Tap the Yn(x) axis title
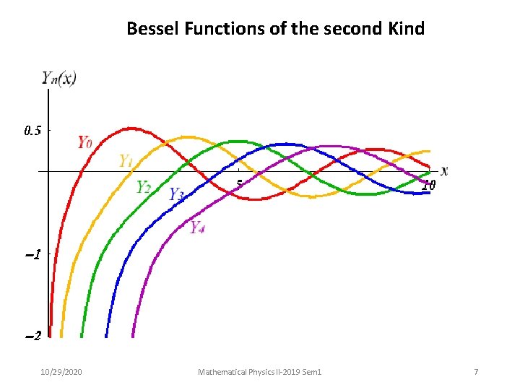[58, 78]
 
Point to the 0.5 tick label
[32, 131]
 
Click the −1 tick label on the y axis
[32, 255]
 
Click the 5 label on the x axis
[239, 184]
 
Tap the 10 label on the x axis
[428, 185]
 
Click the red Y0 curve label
[84, 142]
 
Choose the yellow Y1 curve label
[126, 161]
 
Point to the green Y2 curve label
[144, 187]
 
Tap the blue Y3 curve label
[176, 194]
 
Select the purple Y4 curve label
[197, 227]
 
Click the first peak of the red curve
[130, 129]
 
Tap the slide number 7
[476, 372]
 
